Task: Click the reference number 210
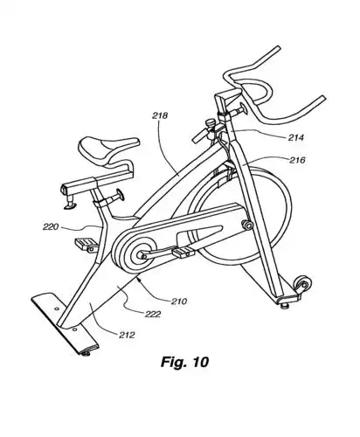tap(180, 302)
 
